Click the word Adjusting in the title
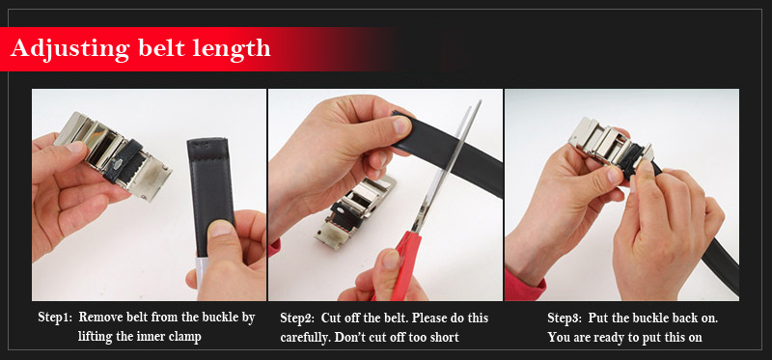(x=69, y=49)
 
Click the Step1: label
(x=55, y=318)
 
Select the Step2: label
(x=297, y=318)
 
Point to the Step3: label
(x=565, y=318)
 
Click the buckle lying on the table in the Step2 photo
(x=352, y=210)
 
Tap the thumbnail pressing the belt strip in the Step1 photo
(x=221, y=229)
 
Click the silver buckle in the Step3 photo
(x=612, y=146)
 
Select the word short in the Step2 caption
(x=444, y=338)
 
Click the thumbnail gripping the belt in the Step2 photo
(x=401, y=125)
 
